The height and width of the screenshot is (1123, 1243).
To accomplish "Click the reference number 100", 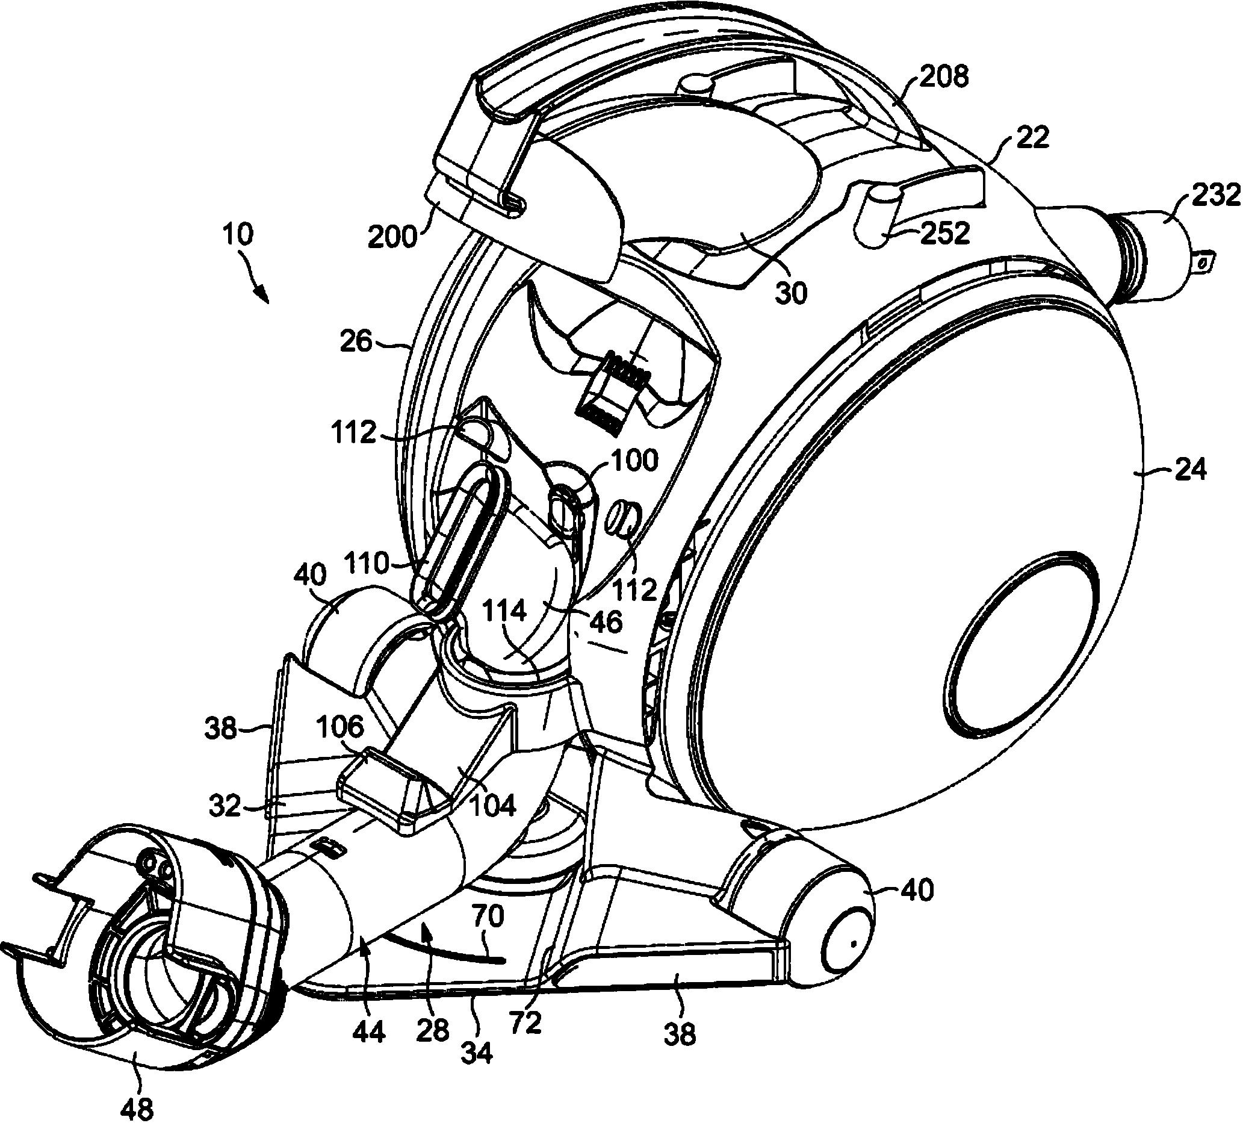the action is (x=635, y=460).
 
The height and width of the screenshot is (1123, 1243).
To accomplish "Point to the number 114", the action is (x=505, y=612).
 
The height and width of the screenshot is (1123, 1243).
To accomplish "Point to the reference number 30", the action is (x=790, y=294).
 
